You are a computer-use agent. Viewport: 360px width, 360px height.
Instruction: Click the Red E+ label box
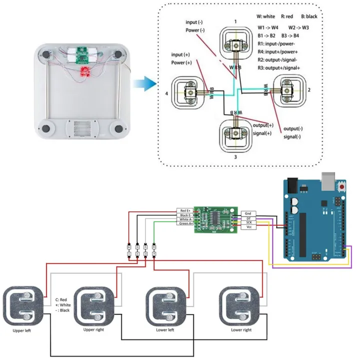pyautogui.click(x=185, y=211)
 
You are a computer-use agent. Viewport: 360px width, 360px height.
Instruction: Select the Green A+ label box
pyautogui.click(x=185, y=223)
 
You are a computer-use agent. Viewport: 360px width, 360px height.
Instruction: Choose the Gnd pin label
pyautogui.click(x=248, y=213)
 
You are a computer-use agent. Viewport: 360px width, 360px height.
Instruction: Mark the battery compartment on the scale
pyautogui.click(x=80, y=128)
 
